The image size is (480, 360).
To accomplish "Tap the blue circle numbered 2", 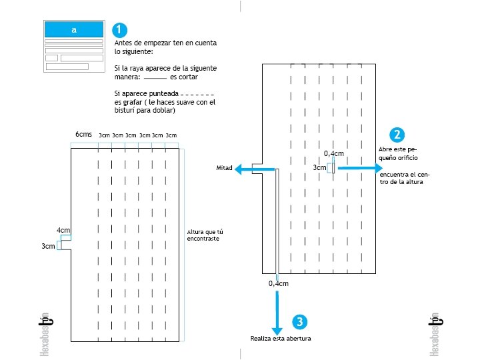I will [397, 135].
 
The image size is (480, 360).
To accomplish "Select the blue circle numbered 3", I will [300, 322].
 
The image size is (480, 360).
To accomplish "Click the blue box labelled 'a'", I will [73, 29].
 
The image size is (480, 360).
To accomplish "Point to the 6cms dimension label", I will [83, 135].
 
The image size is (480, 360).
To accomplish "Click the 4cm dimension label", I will [63, 231].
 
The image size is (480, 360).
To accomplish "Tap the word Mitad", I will [224, 169].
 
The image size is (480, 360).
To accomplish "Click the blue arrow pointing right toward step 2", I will [361, 168].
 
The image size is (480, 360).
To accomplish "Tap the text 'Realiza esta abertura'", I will [281, 339].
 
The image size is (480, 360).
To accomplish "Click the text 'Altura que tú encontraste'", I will [205, 235].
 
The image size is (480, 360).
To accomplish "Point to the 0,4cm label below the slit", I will [279, 284].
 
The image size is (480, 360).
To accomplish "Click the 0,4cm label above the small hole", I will [334, 154].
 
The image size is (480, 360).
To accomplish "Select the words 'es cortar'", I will [184, 77].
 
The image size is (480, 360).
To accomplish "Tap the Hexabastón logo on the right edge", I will [435, 333].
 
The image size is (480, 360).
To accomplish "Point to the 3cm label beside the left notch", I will [48, 246].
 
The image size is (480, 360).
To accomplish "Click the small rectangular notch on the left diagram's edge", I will [59, 245].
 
